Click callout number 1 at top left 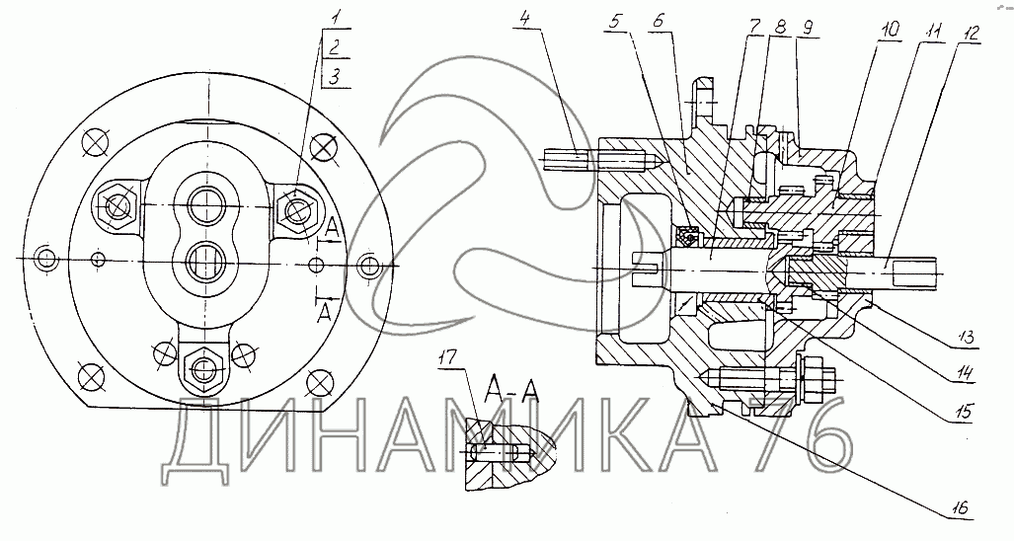[335, 19]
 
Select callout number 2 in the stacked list [335, 46]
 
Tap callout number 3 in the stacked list [335, 77]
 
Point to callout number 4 [524, 19]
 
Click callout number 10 [890, 31]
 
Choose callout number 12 [970, 33]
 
